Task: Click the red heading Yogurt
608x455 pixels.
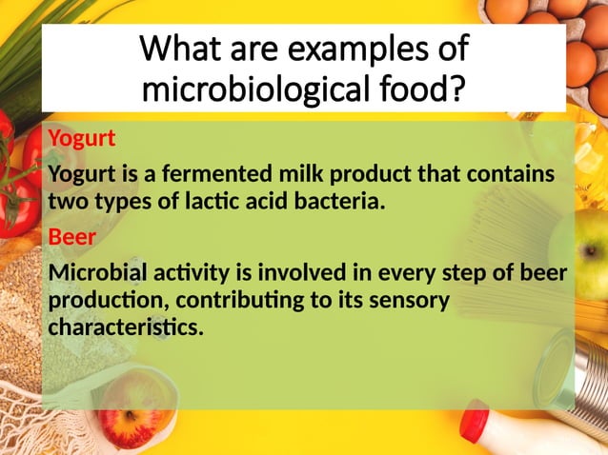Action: click(x=82, y=139)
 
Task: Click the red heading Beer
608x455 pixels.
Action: click(x=71, y=237)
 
